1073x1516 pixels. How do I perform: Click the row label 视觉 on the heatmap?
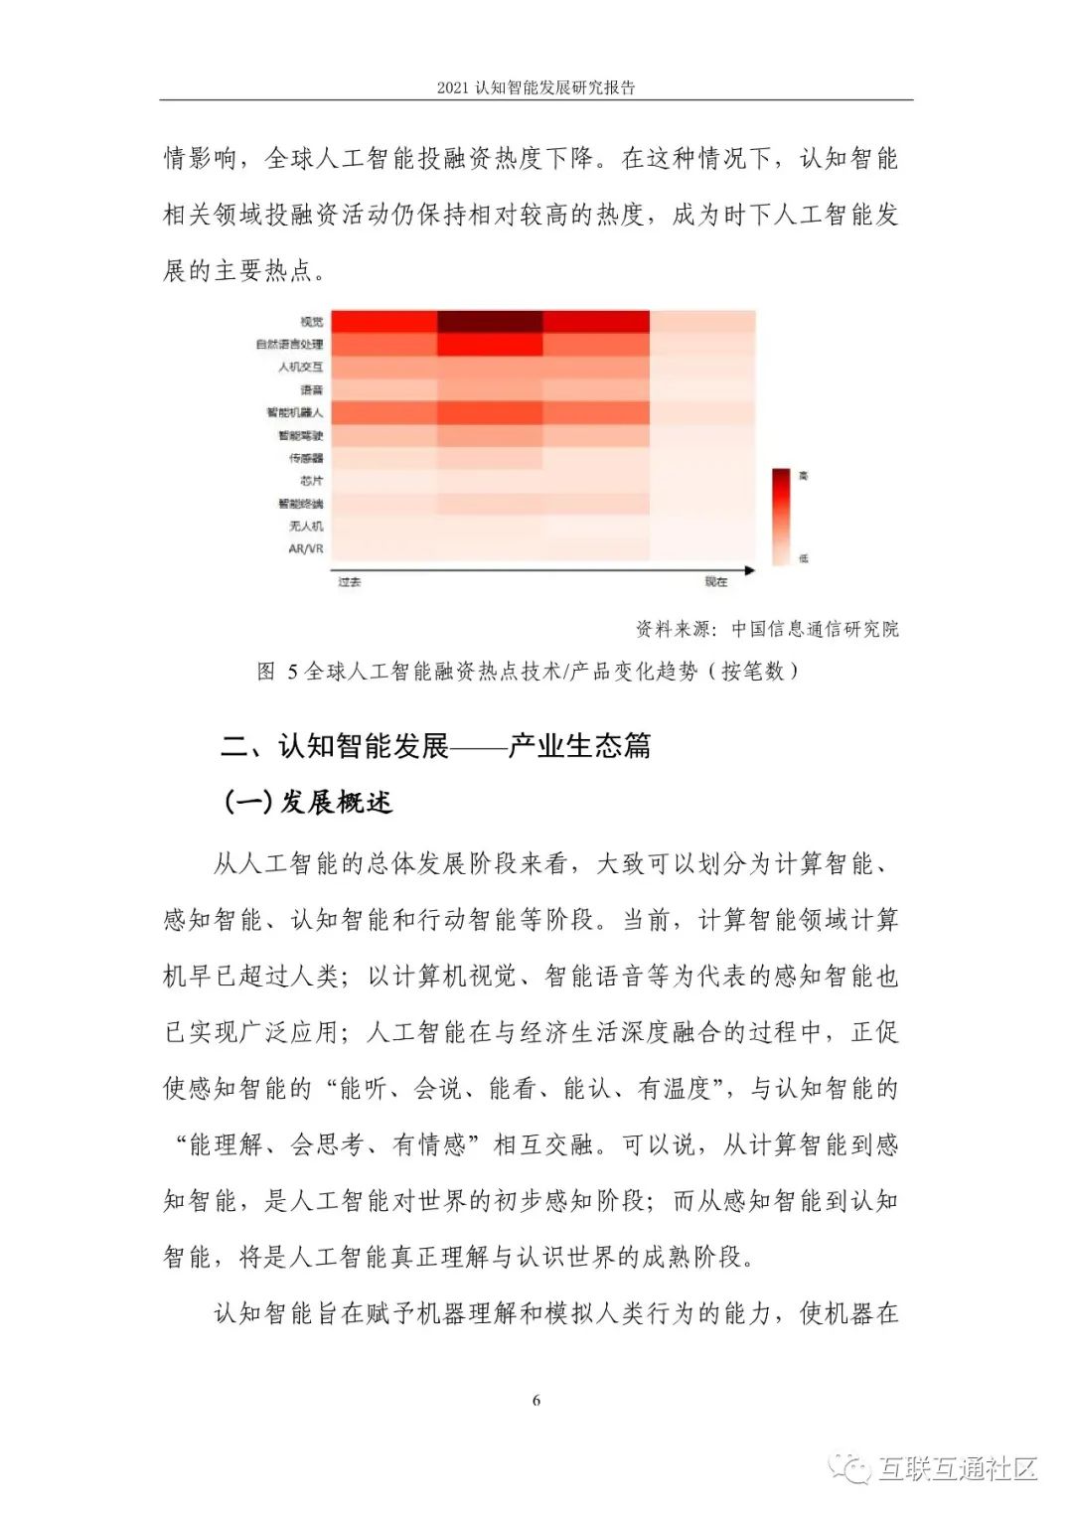tap(311, 322)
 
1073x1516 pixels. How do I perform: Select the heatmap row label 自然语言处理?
tap(289, 345)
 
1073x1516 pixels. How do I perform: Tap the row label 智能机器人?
tap(294, 412)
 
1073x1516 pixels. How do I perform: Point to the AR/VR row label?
tap(305, 548)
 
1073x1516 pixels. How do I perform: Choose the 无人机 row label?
tap(306, 526)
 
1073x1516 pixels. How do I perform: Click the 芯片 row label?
tap(311, 481)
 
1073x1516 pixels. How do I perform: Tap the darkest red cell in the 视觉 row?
tap(490, 321)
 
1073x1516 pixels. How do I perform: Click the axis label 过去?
tap(349, 582)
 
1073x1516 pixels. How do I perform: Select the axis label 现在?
tap(716, 582)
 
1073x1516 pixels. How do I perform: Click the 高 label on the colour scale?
tap(804, 477)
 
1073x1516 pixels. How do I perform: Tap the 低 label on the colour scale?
tap(804, 558)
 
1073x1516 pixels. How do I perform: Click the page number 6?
tap(536, 1401)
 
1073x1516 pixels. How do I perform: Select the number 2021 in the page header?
tap(452, 87)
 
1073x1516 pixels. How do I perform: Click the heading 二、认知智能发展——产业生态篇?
tap(435, 745)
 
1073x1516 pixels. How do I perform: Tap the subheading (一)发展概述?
tap(308, 802)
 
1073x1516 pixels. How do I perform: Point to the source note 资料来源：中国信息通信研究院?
tap(767, 629)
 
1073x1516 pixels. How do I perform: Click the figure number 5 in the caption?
tap(292, 673)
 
